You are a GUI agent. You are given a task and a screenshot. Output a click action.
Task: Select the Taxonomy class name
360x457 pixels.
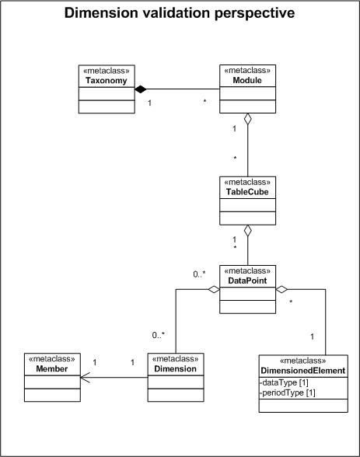(x=107, y=81)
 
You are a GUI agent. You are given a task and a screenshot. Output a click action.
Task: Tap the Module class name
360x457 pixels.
(x=247, y=80)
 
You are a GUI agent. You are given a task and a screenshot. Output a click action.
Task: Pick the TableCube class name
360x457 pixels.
(x=247, y=192)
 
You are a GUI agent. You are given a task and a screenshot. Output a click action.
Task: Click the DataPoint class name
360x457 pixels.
(x=247, y=281)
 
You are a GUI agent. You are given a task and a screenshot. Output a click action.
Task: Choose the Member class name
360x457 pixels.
(x=52, y=368)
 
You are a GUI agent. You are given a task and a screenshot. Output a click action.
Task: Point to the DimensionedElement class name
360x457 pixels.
(x=303, y=371)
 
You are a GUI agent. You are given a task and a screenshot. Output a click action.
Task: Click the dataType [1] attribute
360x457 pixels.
(x=285, y=382)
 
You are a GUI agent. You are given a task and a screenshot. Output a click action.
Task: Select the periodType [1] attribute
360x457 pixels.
(x=288, y=393)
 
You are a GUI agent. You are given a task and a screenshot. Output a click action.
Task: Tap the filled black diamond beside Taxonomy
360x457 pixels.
(x=141, y=89)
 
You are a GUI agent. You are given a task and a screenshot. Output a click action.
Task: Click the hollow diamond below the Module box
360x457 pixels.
(x=247, y=119)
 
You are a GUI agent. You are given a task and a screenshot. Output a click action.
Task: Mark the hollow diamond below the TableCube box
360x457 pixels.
(x=247, y=231)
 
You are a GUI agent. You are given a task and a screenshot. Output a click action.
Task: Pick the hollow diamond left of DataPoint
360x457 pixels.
(x=214, y=289)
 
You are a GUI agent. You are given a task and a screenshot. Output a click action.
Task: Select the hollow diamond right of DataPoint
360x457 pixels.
(x=281, y=289)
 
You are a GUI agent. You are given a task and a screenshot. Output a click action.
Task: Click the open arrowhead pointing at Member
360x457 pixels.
(x=85, y=378)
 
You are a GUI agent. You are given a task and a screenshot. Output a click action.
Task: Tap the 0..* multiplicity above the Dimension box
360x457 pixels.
(x=159, y=335)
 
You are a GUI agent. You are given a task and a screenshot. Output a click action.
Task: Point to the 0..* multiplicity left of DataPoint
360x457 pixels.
(x=199, y=274)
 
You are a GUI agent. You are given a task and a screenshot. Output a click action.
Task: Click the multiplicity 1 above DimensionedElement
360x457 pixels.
(x=313, y=337)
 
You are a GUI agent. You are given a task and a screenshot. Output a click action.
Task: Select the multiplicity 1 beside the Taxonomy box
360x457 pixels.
(x=149, y=103)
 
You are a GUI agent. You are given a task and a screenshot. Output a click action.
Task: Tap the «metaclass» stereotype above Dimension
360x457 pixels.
(x=176, y=358)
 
